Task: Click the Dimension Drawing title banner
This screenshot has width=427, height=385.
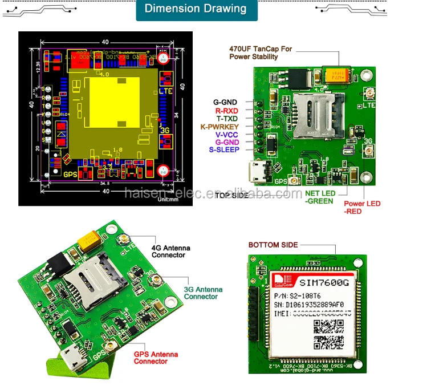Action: (196, 10)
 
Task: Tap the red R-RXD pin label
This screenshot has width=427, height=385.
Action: (226, 110)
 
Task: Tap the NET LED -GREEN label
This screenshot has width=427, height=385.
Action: (321, 196)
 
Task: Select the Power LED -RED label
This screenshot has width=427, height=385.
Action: (362, 207)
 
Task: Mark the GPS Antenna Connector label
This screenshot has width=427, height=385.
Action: (155, 358)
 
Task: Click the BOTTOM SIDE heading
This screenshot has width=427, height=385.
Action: (273, 245)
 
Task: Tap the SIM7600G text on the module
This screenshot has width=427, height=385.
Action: (324, 281)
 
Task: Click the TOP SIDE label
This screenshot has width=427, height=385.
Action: (231, 195)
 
